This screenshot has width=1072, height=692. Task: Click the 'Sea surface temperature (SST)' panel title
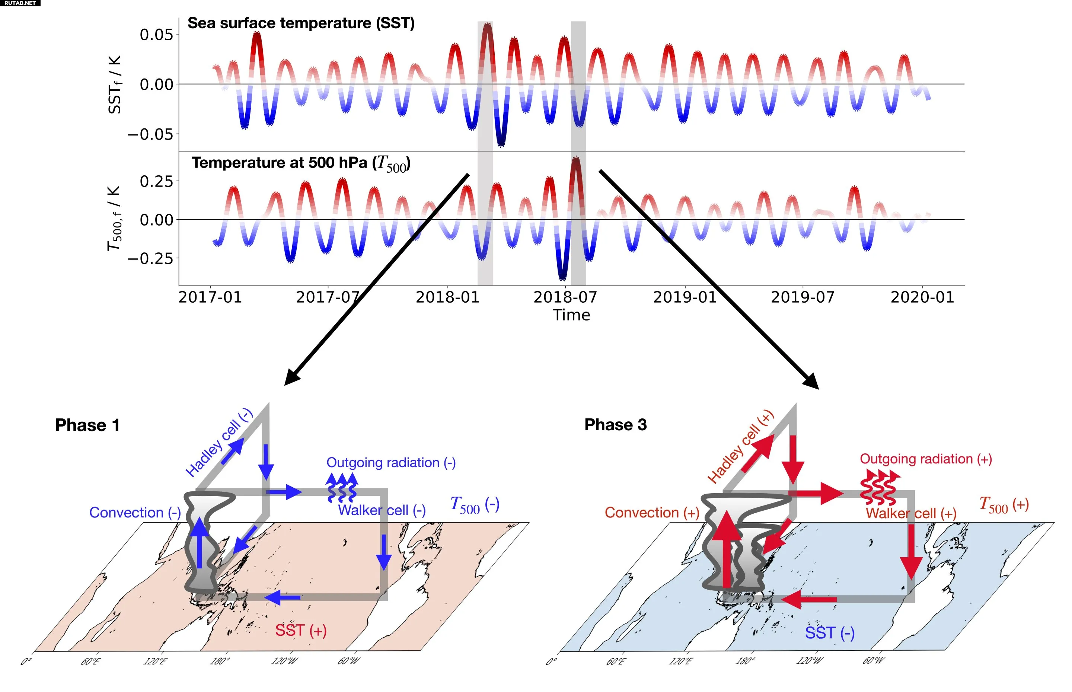point(301,23)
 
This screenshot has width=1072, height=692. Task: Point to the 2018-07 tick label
point(565,297)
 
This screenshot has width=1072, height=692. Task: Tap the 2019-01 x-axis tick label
point(684,297)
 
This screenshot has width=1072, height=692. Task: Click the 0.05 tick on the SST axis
point(156,35)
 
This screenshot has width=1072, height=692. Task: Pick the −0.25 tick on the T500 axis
point(150,259)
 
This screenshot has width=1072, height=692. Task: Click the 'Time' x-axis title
point(571,315)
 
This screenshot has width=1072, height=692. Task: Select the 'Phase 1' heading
point(87,425)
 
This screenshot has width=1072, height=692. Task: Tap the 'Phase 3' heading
point(615,425)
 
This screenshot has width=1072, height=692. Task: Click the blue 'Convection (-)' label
point(135,512)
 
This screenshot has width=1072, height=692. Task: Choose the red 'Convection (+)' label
point(651,512)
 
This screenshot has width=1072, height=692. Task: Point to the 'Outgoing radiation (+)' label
point(926,459)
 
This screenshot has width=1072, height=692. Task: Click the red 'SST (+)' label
point(301,631)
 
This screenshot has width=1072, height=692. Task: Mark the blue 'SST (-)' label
point(829,633)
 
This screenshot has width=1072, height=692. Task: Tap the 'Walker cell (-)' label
point(382,510)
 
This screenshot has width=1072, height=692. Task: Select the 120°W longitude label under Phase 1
point(284,661)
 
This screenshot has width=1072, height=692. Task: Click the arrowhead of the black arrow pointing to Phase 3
point(812,382)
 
